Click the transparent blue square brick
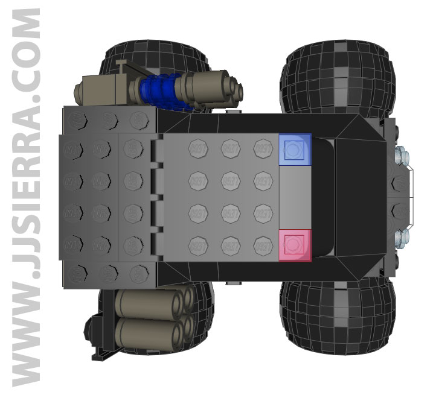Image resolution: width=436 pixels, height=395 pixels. point(295,149)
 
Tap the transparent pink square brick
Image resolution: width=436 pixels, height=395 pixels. point(295,245)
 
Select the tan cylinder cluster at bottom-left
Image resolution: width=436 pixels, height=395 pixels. point(154,315)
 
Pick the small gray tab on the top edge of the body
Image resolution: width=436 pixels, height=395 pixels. point(232,111)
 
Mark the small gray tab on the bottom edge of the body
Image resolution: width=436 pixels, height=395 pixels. point(232,282)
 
